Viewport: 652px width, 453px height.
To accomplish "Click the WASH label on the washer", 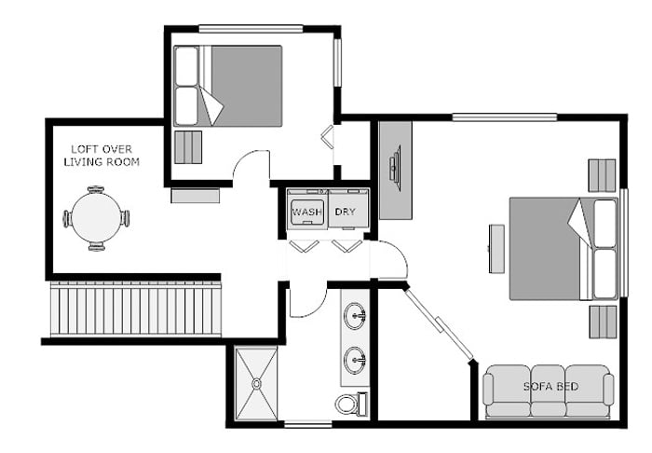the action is [x=306, y=213].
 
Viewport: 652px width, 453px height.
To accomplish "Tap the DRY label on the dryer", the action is [x=346, y=212].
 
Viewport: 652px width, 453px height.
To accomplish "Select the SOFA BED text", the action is [x=550, y=387].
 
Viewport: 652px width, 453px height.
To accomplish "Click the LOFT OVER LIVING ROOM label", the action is [x=102, y=156].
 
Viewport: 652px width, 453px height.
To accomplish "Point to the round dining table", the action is [x=96, y=218].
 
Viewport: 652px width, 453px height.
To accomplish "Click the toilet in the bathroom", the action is [x=351, y=403].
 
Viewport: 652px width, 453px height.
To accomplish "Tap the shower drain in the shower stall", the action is [x=256, y=383].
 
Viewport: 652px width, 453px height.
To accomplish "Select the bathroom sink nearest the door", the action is [x=355, y=316].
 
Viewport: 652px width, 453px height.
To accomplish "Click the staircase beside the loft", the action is [x=136, y=309].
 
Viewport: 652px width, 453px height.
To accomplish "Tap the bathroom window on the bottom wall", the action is [x=307, y=425].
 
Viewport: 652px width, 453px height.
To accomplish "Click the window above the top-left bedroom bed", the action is [x=251, y=29].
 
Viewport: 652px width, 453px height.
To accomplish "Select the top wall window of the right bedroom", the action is [x=505, y=117].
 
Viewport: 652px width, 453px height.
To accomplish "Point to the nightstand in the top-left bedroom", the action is [x=188, y=147].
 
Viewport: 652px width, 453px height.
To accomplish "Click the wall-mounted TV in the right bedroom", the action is [x=395, y=168].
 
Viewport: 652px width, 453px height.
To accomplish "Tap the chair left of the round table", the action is [x=66, y=218].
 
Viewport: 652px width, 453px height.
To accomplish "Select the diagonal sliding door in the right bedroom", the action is [x=439, y=323].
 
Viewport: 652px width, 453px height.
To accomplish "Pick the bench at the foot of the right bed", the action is [x=496, y=249].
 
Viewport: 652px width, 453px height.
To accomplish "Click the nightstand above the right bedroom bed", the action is [x=602, y=175].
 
